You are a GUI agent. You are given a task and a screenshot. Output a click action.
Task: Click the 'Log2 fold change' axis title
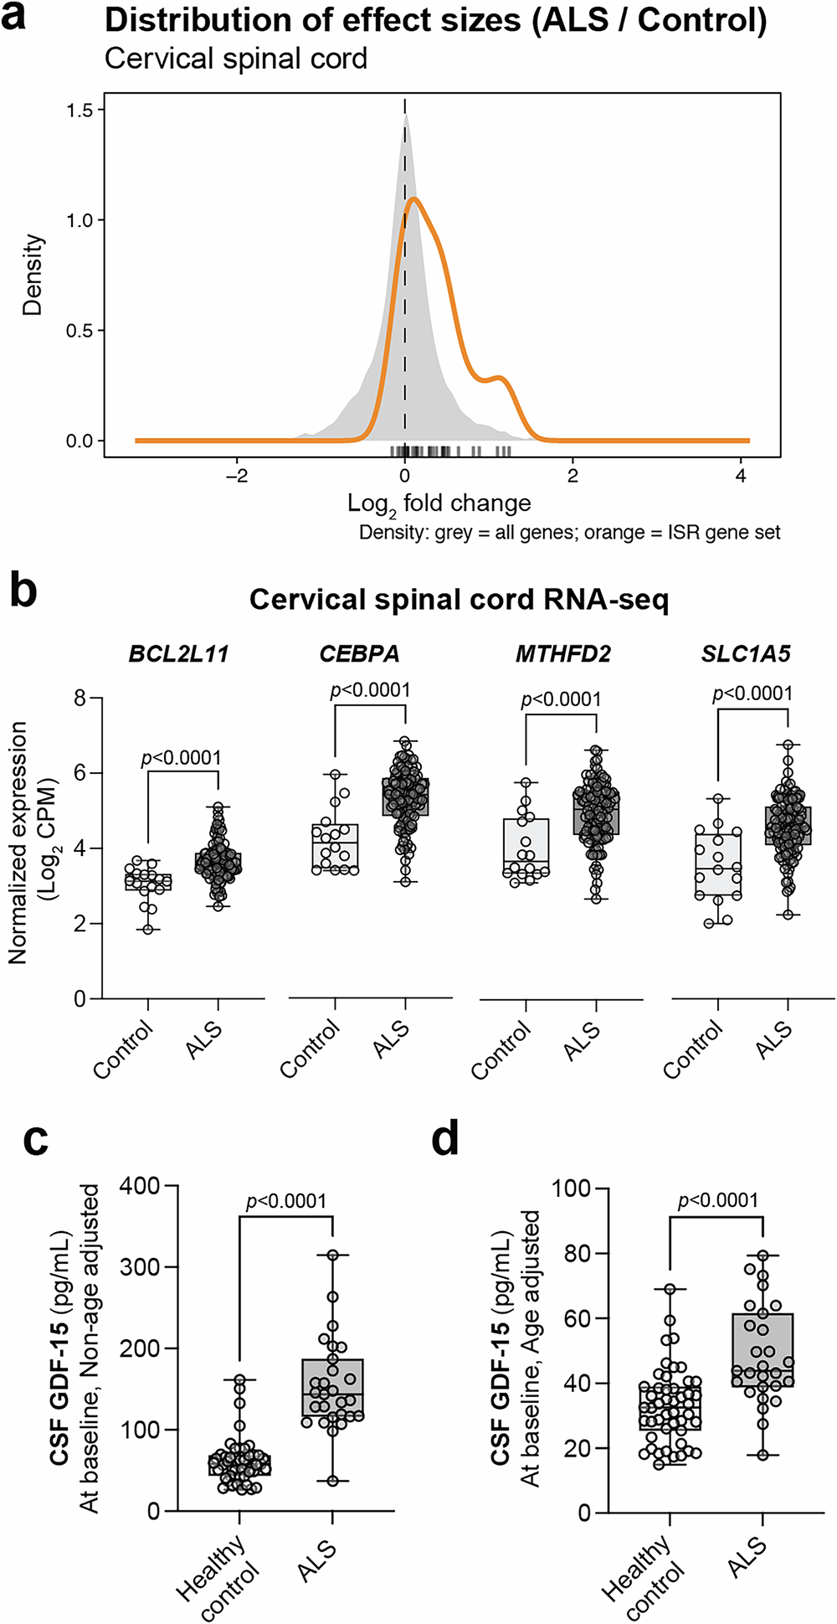point(439,503)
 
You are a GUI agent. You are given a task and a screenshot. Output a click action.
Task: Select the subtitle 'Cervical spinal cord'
point(236,59)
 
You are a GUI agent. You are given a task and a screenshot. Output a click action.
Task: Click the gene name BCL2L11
point(178,654)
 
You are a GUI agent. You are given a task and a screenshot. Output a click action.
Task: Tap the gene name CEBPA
point(359,654)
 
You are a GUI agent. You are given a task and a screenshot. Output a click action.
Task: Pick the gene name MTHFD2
point(562,654)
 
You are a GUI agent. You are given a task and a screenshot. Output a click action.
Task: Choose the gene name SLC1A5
point(745,654)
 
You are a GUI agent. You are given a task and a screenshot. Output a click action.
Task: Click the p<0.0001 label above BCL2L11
point(181,758)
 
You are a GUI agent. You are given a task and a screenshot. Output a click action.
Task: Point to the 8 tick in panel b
point(80,698)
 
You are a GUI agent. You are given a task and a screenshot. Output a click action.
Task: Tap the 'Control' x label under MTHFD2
point(501,1049)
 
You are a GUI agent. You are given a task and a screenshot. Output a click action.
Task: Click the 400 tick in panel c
point(139,1185)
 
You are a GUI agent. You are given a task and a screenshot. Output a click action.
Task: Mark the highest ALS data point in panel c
point(333,1255)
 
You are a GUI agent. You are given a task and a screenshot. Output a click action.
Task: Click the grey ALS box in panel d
point(763,1349)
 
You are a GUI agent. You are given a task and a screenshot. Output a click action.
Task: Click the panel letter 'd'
point(444,1141)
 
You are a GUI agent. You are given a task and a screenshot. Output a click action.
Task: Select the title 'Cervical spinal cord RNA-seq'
point(459,600)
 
